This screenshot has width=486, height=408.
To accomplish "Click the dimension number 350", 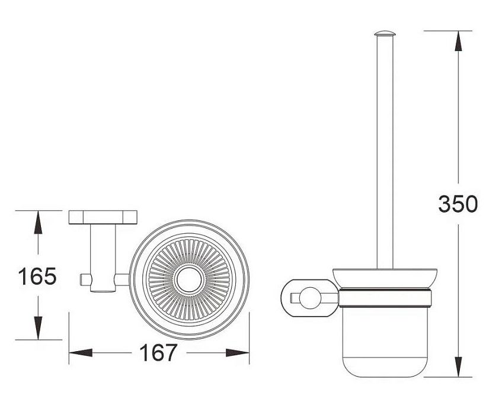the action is point(458,204).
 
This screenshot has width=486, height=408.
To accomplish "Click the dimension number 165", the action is point(37,276).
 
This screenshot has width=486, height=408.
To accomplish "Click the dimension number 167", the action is point(158,352).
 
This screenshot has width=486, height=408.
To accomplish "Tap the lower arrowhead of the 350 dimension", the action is point(458,367).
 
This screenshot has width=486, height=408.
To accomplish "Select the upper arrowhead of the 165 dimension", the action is point(38,222).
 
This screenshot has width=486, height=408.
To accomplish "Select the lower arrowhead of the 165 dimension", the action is point(38,328).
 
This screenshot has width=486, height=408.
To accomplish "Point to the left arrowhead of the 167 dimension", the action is point(81,352).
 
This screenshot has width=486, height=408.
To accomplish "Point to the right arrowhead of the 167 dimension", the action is point(238,352).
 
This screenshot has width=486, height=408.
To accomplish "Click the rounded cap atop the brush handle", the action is point(385,33).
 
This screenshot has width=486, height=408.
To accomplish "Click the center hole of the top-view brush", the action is point(189,280).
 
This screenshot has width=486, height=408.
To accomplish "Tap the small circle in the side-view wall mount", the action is point(310,298).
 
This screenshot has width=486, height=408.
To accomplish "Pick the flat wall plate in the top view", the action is point(103,217).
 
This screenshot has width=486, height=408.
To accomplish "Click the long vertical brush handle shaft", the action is point(385,152).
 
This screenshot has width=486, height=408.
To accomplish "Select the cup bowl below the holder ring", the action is point(385,342).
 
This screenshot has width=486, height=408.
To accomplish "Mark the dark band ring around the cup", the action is point(385,297).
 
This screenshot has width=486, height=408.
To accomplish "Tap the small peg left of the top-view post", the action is point(85,280).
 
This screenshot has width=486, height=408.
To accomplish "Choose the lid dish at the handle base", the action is point(385,278).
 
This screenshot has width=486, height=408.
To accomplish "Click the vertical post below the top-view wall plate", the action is point(103,258).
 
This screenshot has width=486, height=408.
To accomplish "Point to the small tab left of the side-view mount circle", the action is point(295,298).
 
